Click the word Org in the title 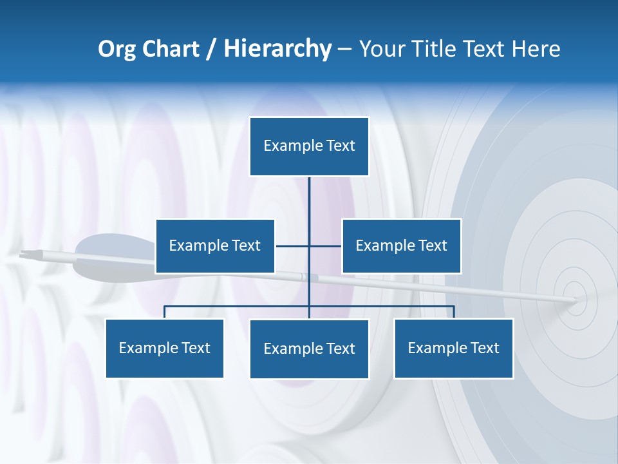[116, 50]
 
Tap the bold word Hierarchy [277, 49]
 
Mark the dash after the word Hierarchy [344, 50]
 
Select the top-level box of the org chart [309, 146]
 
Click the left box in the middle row [215, 246]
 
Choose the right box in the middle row [401, 246]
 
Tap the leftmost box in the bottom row [164, 348]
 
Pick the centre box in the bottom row [309, 349]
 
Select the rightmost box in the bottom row [453, 348]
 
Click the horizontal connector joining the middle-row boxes [293, 246]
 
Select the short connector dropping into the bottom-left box [164, 312]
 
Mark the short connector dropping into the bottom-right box [454, 312]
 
